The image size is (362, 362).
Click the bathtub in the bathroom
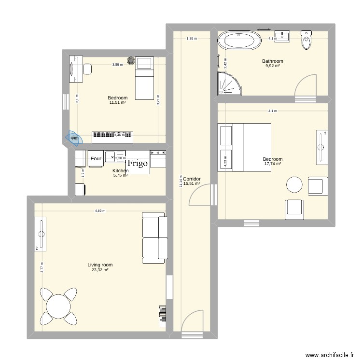coord(240,41)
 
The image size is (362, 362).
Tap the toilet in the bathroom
coord(306,41)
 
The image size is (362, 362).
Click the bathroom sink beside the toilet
coord(282,36)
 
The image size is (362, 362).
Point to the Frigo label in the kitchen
coord(138,163)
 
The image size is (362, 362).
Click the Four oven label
coord(96,158)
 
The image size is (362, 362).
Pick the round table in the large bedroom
coord(294,185)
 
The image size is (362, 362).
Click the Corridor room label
coord(192,179)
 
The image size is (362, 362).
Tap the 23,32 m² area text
coord(100,270)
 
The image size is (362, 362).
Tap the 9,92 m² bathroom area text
coord(272,66)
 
